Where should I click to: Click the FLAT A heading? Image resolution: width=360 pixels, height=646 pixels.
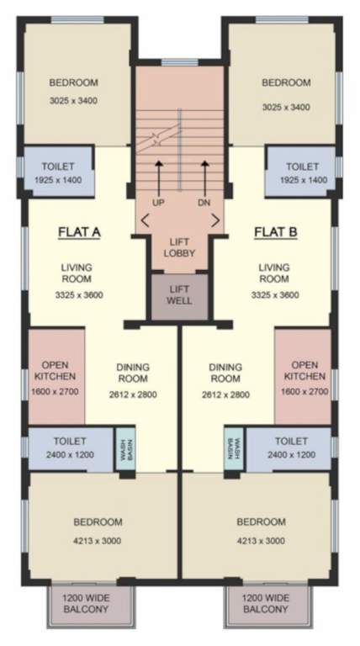(x=79, y=231)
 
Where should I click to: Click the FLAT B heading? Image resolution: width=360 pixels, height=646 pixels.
(x=276, y=231)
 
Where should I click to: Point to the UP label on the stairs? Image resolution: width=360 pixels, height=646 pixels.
(x=158, y=204)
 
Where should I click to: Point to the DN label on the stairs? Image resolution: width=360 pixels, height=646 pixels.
(x=204, y=204)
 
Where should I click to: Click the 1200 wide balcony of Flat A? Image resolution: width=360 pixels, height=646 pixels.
(x=87, y=602)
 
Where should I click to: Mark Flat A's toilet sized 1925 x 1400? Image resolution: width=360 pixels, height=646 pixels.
(x=56, y=173)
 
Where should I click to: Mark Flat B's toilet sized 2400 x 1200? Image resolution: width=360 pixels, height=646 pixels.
(x=291, y=447)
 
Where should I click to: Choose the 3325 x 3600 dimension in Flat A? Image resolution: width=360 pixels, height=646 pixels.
(x=77, y=295)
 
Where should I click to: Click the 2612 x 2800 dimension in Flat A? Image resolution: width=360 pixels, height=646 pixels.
(x=129, y=394)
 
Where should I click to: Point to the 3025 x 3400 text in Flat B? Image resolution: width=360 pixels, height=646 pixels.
(x=286, y=108)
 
